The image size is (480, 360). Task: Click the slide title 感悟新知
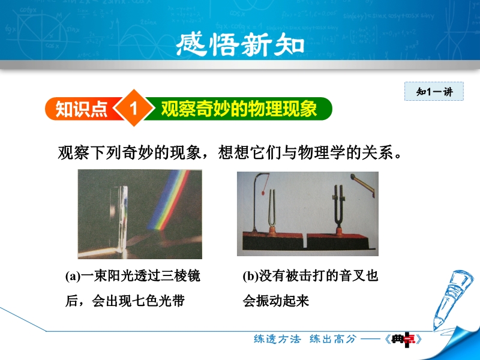241,44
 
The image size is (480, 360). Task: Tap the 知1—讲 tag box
434,91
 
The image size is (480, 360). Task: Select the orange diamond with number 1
133,108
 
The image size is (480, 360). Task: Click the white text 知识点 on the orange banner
82,109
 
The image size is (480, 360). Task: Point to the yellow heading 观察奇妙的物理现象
239,109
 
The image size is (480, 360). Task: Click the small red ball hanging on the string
263,193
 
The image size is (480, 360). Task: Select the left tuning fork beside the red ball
272,212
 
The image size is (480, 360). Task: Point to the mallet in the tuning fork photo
363,182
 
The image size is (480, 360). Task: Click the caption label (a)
73,276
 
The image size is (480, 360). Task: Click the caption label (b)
251,276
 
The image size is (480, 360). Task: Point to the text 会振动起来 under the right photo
276,301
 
